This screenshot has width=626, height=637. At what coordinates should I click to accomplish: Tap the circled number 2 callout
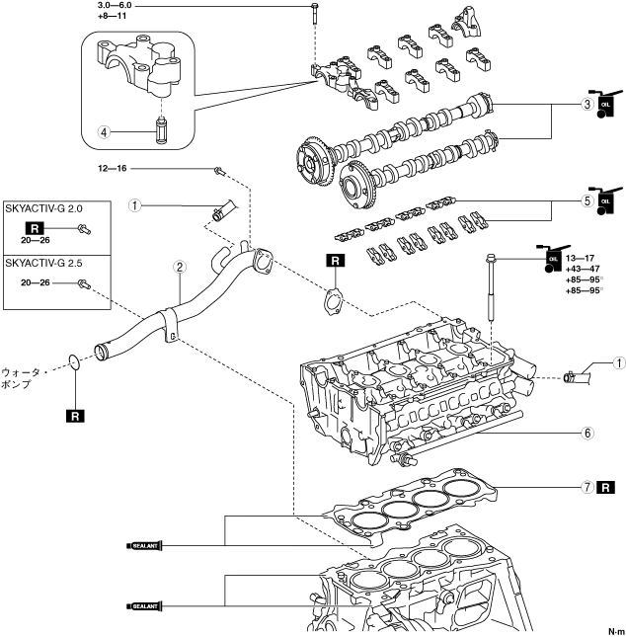tap(179, 267)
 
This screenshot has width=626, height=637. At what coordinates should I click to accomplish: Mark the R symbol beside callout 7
tap(607, 487)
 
